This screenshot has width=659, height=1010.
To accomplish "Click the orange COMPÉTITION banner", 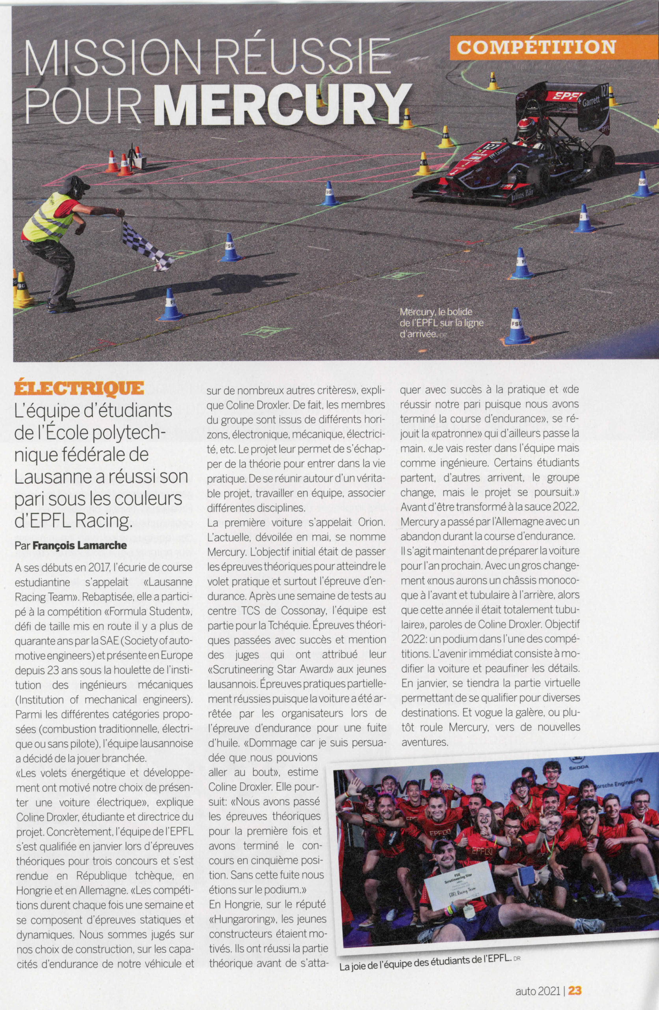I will (536, 47).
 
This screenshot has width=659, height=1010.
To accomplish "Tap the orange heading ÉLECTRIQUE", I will (79, 387).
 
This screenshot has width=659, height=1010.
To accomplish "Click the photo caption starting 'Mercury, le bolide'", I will (441, 323).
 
